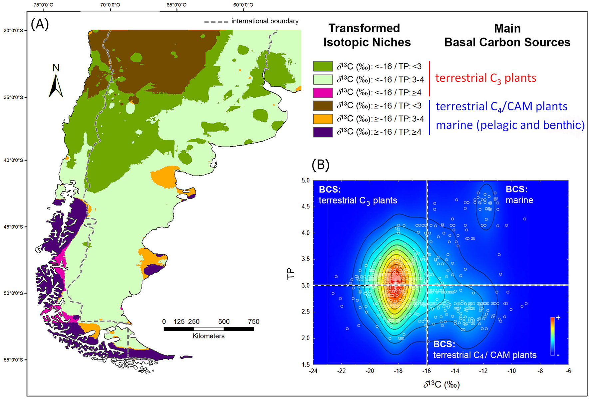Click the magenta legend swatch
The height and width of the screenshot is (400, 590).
point(323,92)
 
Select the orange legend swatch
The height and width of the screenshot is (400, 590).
point(323,119)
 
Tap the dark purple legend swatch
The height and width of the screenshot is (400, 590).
point(323,132)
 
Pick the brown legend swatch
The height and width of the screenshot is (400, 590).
point(323,106)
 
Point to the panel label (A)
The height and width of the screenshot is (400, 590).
point(40,24)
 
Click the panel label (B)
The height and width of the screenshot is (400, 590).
point(320,165)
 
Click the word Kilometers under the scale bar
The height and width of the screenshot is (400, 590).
point(208,336)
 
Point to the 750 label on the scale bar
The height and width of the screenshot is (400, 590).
point(253,322)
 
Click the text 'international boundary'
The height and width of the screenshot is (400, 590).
point(265,21)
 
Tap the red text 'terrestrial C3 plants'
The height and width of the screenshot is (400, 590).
point(485,78)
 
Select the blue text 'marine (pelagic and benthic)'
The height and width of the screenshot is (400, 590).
point(510,125)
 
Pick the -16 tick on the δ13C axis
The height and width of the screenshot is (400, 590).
point(426,371)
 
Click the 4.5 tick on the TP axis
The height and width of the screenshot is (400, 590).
point(305,206)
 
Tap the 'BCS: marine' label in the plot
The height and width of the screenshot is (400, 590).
point(519,195)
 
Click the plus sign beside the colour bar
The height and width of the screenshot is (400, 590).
point(558,318)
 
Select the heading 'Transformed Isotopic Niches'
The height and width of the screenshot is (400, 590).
point(367,35)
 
